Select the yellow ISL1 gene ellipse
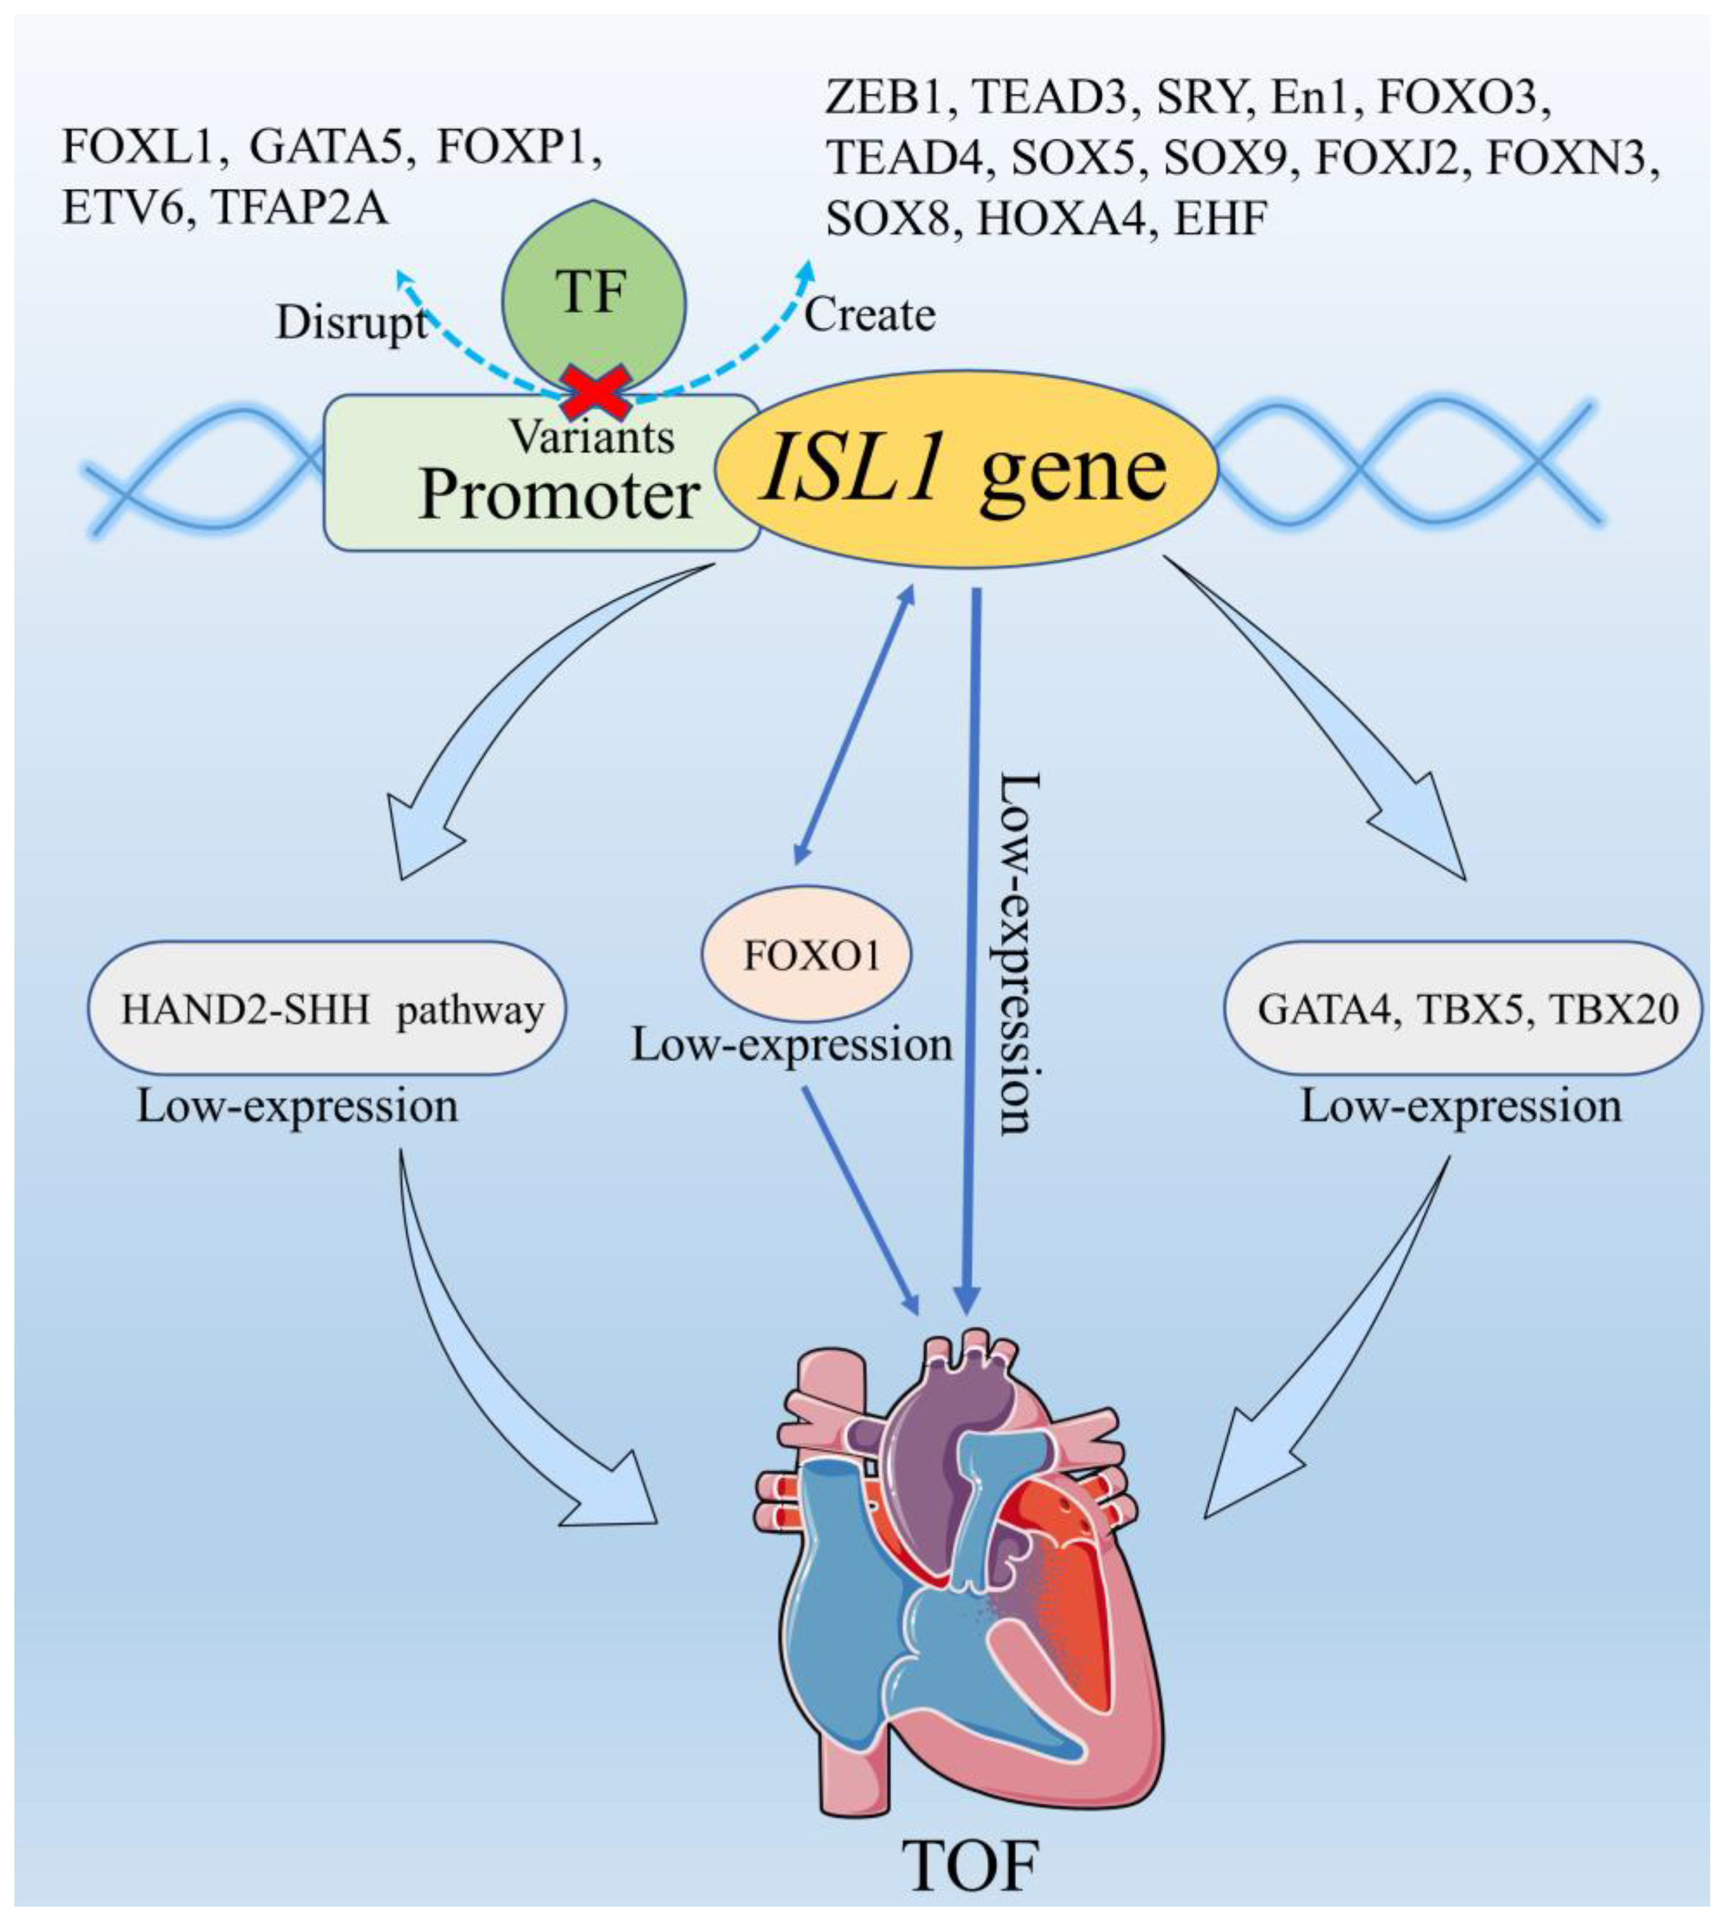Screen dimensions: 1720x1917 (x=966, y=469)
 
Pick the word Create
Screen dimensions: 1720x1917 (x=870, y=315)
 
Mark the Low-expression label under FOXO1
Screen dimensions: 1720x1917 (x=792, y=1045)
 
